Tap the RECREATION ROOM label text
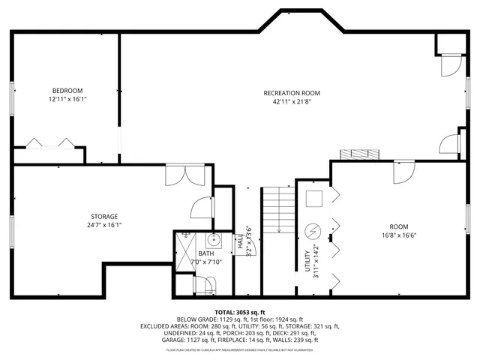[292, 93]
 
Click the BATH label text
[205, 253]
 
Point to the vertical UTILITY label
[307, 259]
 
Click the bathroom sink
[213, 241]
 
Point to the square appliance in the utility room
[314, 198]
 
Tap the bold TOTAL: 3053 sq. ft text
[241, 311]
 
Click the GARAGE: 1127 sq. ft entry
[190, 340]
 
